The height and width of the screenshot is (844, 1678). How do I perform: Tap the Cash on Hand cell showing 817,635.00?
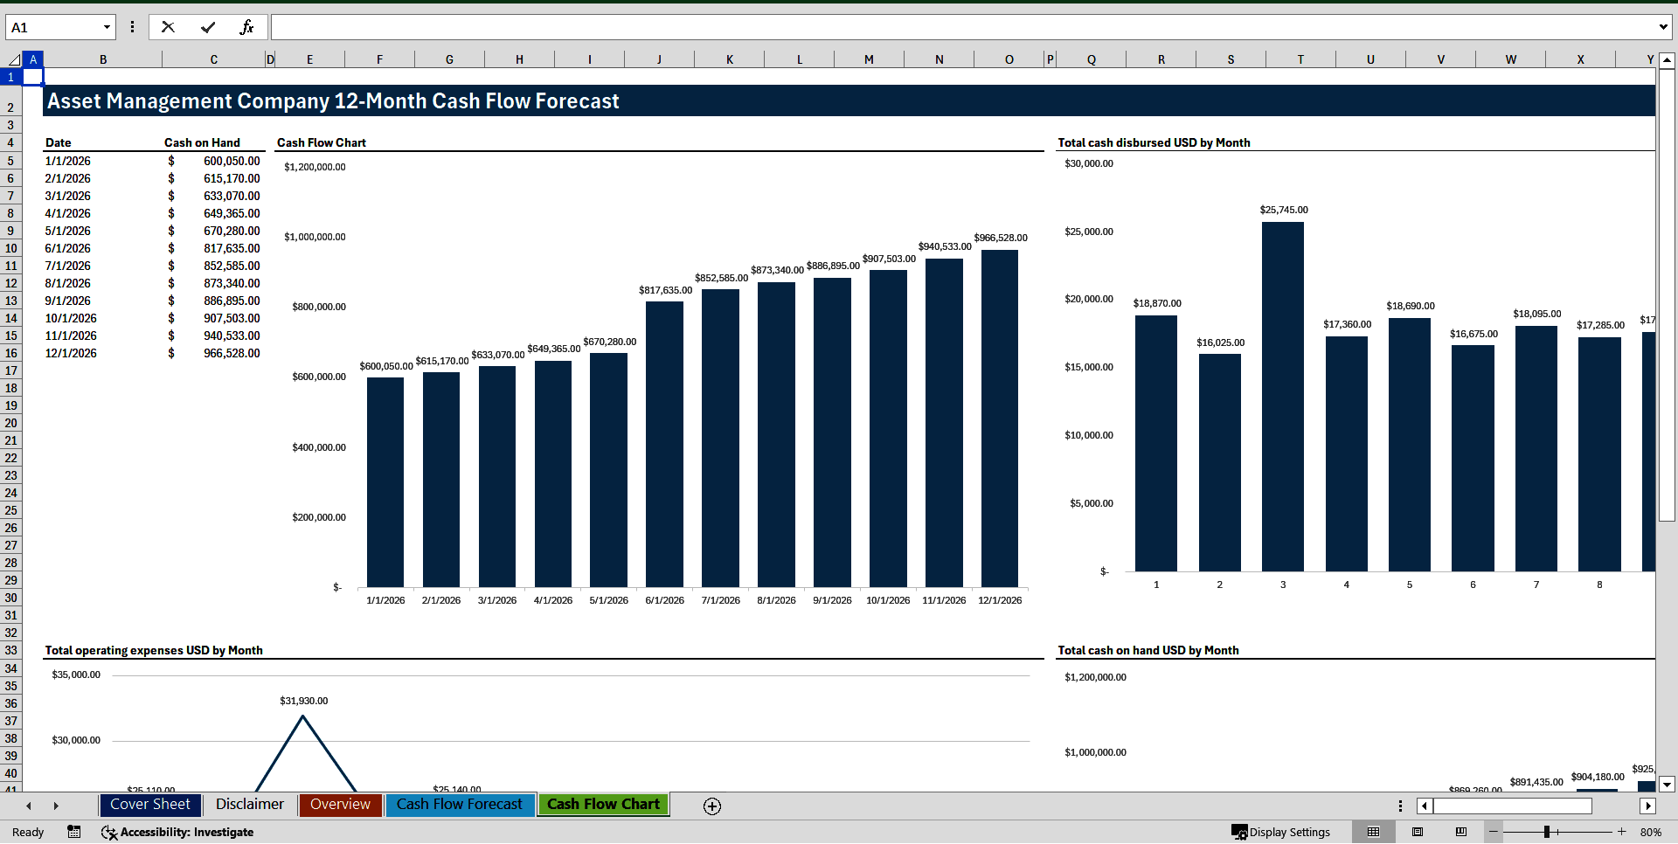[x=232, y=248]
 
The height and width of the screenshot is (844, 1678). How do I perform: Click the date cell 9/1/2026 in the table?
[x=68, y=301]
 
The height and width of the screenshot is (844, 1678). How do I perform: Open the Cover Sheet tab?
[x=150, y=805]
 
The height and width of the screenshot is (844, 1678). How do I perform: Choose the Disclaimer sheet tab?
[x=250, y=805]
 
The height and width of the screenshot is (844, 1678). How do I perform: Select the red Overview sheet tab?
[x=340, y=805]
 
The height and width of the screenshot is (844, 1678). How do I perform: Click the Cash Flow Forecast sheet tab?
[x=460, y=805]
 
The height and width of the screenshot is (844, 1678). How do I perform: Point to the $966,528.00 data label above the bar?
[x=1001, y=238]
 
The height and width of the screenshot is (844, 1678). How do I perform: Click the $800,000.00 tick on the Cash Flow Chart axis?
[x=319, y=307]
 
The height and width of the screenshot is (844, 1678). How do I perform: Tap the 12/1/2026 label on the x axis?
[x=1000, y=600]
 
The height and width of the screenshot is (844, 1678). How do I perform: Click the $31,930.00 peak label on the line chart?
[x=304, y=701]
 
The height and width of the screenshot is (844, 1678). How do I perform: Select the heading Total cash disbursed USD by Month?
[x=1154, y=142]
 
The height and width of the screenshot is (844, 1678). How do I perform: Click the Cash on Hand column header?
[x=202, y=142]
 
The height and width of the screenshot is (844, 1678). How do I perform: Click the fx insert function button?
[x=246, y=27]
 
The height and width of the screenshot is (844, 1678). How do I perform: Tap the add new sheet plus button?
[x=712, y=806]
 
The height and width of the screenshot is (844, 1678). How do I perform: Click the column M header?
[x=869, y=59]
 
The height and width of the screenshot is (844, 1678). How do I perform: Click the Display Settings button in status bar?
[x=1281, y=832]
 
